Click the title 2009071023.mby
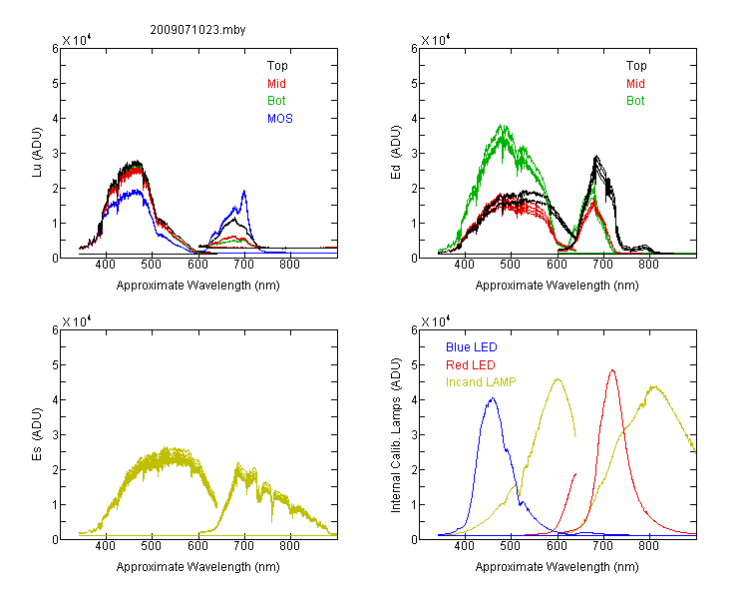click(197, 30)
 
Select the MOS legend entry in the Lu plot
click(280, 119)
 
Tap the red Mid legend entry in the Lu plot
click(276, 84)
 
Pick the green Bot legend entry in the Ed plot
click(635, 101)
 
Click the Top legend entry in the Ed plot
click(636, 66)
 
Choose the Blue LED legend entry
click(472, 347)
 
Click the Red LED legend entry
click(471, 365)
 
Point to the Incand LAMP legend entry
click(481, 382)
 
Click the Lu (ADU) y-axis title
click(37, 153)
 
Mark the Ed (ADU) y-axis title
click(396, 153)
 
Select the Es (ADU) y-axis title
click(37, 433)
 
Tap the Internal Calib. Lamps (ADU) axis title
click(396, 434)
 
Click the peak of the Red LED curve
click(612, 369)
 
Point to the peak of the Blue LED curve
click(493, 398)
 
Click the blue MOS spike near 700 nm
click(244, 191)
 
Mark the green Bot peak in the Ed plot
click(503, 125)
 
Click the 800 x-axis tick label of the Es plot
click(290, 545)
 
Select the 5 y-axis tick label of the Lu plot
click(55, 84)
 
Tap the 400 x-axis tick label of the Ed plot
click(464, 265)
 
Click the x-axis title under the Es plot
click(198, 567)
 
